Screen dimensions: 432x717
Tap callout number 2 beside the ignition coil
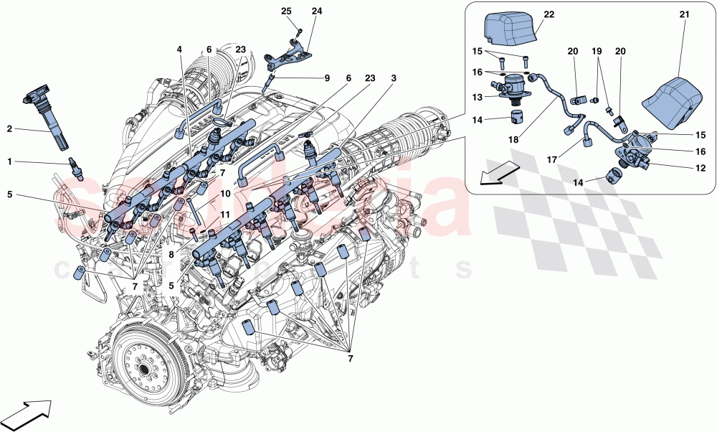(9, 129)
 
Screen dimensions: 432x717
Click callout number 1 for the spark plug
(9, 162)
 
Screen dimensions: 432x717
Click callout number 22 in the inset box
(549, 14)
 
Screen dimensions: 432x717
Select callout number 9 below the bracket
(327, 78)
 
